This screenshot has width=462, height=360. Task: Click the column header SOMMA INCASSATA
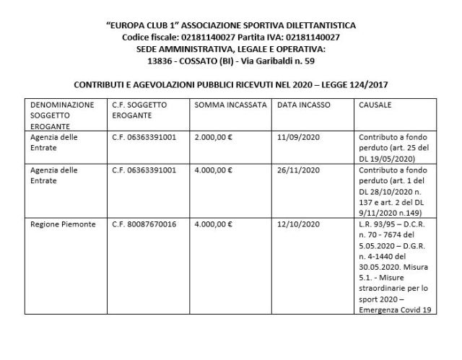231,105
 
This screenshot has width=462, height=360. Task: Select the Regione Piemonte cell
64,224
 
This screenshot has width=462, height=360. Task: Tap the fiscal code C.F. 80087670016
144,224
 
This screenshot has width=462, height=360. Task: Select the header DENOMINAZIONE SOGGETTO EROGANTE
62,114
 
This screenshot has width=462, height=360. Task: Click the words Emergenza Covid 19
391,311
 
